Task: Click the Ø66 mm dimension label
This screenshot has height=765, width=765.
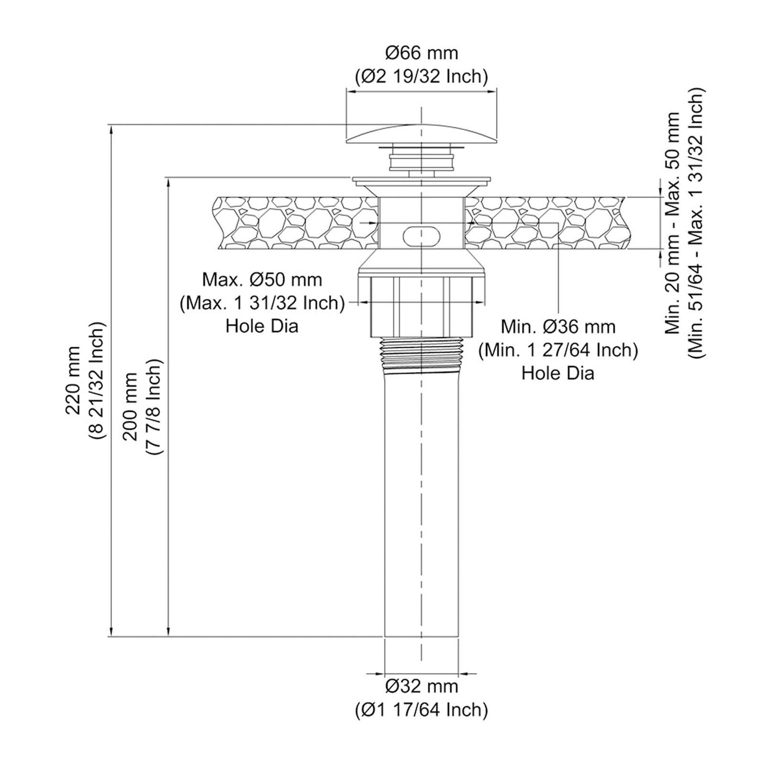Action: coord(421,53)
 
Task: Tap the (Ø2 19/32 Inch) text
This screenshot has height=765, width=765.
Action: coord(421,77)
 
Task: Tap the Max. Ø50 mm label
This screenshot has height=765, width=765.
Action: coord(262,280)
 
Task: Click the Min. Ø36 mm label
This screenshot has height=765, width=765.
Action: coord(558,327)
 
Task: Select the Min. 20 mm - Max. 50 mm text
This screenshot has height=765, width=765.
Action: coord(672,223)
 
